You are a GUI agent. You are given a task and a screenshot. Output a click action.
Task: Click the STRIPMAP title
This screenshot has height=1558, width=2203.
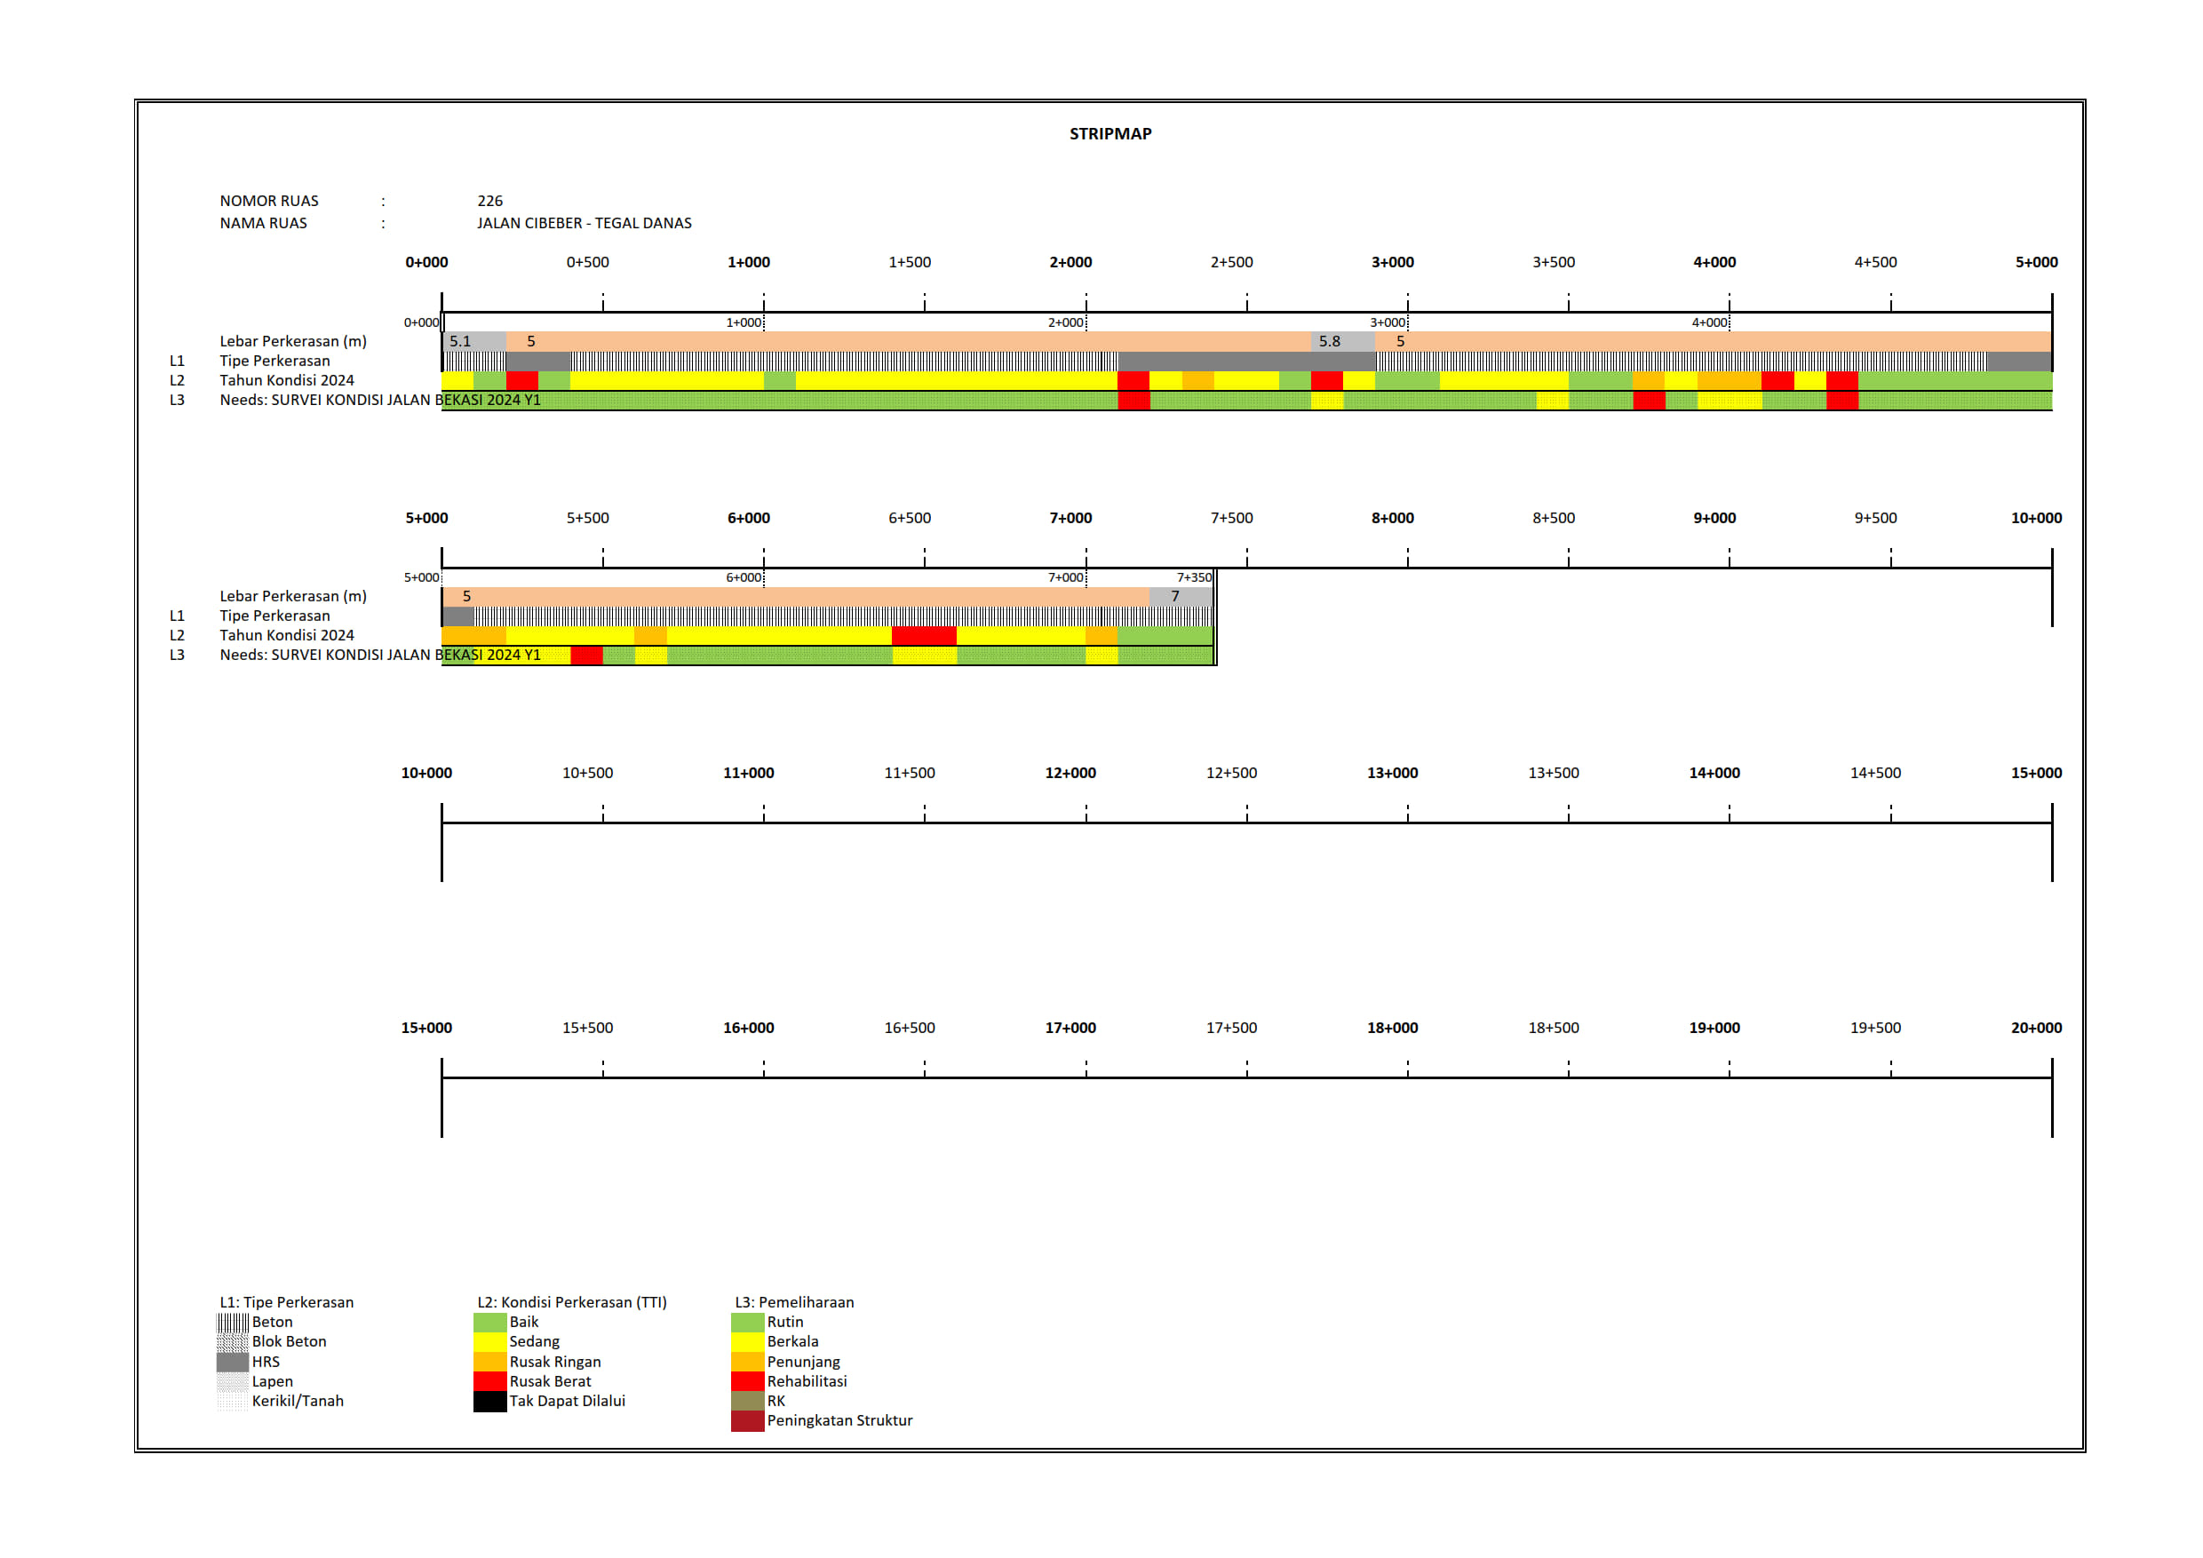pos(1110,134)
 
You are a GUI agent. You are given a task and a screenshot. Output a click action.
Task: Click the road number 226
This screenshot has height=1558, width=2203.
pos(489,201)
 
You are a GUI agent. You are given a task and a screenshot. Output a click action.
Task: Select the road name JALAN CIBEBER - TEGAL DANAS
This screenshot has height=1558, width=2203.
pos(584,223)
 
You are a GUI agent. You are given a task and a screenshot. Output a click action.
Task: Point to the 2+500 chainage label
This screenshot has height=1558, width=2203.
pos(1231,262)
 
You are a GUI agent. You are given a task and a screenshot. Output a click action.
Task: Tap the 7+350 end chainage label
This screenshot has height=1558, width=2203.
pos(1194,577)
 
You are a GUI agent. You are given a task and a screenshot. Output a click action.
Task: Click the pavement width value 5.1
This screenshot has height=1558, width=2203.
pos(460,341)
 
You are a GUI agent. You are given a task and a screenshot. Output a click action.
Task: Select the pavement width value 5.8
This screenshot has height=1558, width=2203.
pos(1329,341)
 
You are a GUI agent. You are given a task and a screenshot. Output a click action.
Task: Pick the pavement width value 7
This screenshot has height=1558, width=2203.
pos(1174,597)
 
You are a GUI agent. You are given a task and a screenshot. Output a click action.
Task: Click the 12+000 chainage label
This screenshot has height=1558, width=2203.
pos(1070,774)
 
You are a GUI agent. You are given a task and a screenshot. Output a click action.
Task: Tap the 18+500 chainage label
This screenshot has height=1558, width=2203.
pos(1553,1029)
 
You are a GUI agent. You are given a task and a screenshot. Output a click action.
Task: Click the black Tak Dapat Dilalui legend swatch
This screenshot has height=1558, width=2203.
pos(489,1402)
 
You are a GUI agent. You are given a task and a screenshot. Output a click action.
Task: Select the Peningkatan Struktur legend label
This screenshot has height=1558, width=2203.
pos(839,1421)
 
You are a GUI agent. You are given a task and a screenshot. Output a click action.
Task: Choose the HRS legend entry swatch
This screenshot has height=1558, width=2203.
pos(232,1363)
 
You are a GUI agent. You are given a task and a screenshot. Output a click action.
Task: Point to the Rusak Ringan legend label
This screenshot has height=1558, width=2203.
pos(554,1363)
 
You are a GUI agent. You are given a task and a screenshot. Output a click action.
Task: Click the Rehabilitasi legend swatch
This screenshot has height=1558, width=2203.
pos(746,1381)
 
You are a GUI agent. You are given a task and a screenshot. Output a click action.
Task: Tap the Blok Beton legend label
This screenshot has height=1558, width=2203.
pos(289,1342)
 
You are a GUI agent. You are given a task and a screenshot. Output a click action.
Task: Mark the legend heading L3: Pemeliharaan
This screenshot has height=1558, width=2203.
pos(793,1303)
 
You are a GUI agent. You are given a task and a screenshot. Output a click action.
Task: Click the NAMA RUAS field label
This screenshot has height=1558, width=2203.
pos(263,223)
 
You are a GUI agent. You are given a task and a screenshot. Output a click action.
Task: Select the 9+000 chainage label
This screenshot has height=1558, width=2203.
pos(1714,518)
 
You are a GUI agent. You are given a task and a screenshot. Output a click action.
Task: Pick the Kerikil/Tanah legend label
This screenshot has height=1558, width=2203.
pos(298,1402)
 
